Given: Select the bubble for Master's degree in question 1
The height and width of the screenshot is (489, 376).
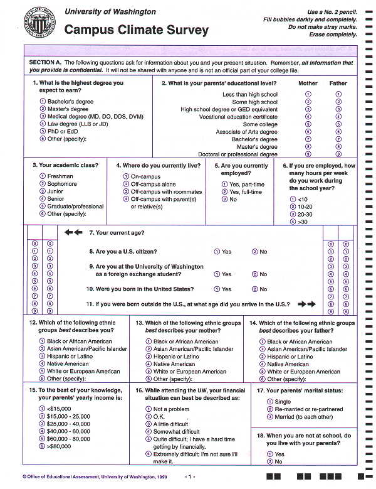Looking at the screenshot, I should coord(43,109).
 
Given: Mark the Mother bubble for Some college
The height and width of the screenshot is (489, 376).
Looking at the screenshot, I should coord(308,124).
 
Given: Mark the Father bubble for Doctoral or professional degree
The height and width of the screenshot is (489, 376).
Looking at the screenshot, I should coord(338,154).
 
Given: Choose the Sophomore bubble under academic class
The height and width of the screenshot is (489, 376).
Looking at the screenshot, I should coord(43,184).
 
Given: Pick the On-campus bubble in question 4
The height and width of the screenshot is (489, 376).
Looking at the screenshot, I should coord(126,177).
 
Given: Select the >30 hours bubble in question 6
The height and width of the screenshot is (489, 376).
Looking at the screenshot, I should coord(285,222).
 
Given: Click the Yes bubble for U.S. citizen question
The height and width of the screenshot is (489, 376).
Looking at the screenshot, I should coord(217,251).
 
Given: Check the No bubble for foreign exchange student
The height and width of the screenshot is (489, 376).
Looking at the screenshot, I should coord(255,274).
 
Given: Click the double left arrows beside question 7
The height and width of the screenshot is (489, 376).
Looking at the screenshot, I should coord(73,232).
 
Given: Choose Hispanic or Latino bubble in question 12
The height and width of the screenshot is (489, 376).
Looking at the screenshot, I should coord(43,357).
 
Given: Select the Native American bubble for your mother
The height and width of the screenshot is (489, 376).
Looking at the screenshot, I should coord(149,364).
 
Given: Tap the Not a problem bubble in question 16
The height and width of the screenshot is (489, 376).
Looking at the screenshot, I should coord(149,409).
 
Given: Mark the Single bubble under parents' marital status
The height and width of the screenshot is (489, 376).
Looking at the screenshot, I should coord(270,402).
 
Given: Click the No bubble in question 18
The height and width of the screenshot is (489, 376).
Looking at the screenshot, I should coord(270,461).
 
